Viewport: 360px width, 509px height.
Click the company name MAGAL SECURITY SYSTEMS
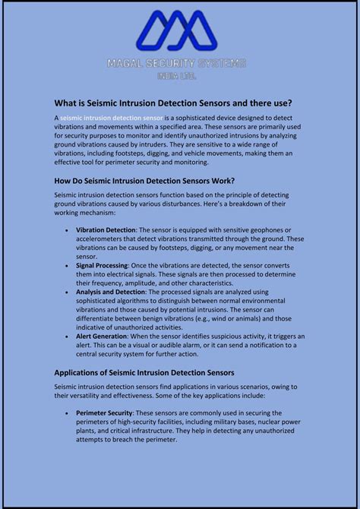[180, 65]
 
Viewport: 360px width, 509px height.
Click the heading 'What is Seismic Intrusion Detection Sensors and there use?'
[173, 103]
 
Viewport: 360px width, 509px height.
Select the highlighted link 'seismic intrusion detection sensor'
[112, 118]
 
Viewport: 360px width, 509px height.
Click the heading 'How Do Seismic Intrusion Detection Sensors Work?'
[144, 181]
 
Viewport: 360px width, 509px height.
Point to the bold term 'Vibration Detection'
[106, 229]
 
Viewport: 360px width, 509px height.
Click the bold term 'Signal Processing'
[102, 265]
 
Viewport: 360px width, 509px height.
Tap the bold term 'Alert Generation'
[101, 336]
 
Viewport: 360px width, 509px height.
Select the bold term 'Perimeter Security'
[104, 413]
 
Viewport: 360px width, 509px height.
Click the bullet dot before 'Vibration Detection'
[67, 229]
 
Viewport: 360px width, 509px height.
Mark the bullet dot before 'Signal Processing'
[67, 265]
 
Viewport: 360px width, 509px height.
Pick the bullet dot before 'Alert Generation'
[67, 336]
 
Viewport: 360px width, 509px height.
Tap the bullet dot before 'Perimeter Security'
[67, 413]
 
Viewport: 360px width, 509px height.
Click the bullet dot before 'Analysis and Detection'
[67, 292]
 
